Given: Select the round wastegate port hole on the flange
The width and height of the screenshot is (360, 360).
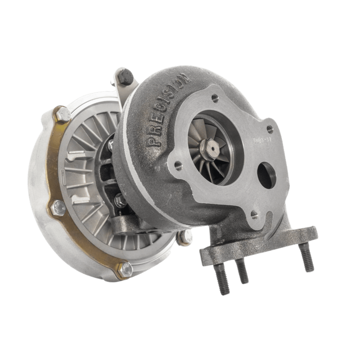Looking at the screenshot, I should pos(267,175).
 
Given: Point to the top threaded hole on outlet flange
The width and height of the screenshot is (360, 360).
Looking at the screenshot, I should pos(215,98).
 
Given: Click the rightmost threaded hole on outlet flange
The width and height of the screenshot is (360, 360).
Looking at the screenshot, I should pos(270,127).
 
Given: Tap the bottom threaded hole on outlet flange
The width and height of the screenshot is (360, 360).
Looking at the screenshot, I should pos(254,214).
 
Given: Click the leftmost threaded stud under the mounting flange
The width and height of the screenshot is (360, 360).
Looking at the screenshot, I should pos(222,279).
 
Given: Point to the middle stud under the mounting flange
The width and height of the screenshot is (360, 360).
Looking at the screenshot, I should pos(242,272).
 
